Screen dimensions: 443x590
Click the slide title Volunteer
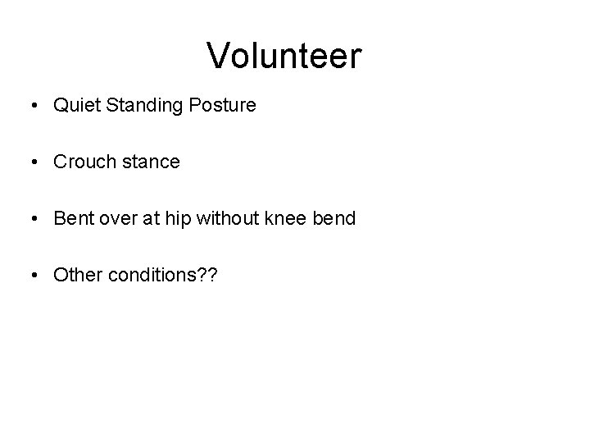tap(284, 56)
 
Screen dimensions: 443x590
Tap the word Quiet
tap(74, 105)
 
